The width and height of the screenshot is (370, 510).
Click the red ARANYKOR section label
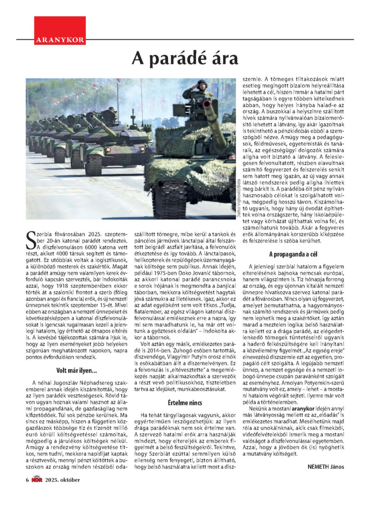tap(60, 40)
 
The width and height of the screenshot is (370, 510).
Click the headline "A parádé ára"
tap(185, 59)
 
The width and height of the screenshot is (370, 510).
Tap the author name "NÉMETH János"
tap(326, 466)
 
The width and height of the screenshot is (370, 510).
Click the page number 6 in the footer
tap(27, 479)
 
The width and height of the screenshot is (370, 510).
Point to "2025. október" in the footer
tap(62, 479)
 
